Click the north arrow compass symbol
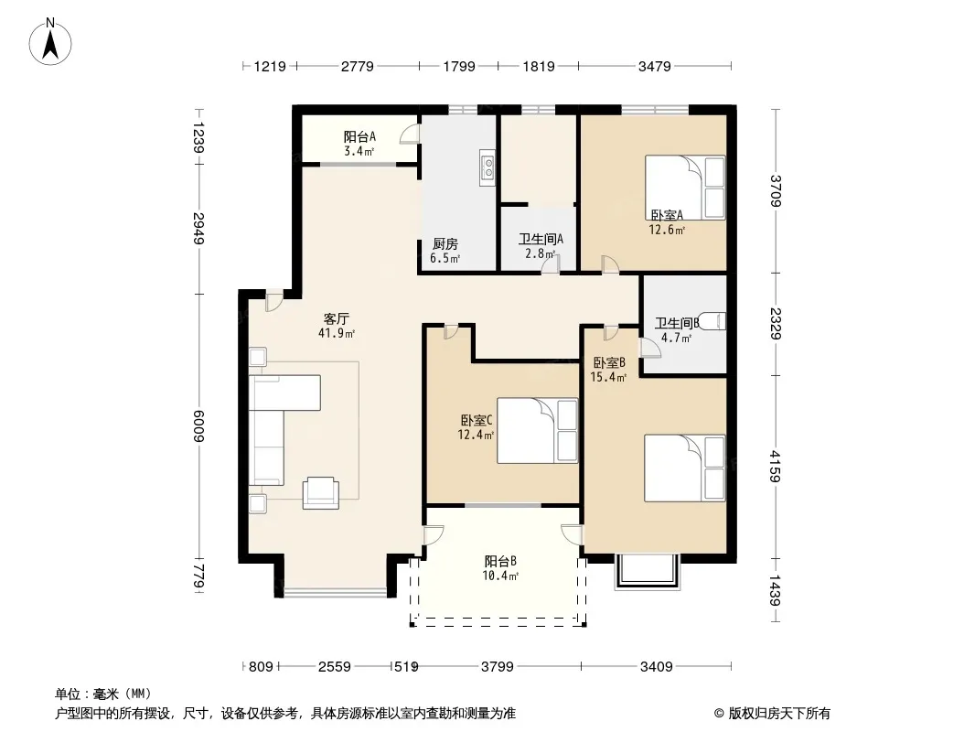(x=50, y=42)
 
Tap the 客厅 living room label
(x=337, y=319)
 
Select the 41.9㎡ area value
(x=337, y=333)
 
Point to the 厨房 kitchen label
(x=445, y=244)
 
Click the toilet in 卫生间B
(x=712, y=321)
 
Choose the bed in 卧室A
(x=685, y=188)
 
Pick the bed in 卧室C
(x=537, y=431)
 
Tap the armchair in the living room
(x=321, y=493)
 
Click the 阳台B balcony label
(x=500, y=561)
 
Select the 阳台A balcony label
(x=359, y=136)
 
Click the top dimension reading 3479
(x=655, y=66)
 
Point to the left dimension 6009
(x=198, y=426)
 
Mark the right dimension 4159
(x=775, y=466)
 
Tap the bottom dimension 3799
(x=498, y=667)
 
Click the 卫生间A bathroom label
(x=541, y=239)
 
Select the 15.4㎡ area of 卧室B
(x=608, y=377)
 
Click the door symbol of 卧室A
(x=609, y=264)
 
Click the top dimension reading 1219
(x=270, y=66)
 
